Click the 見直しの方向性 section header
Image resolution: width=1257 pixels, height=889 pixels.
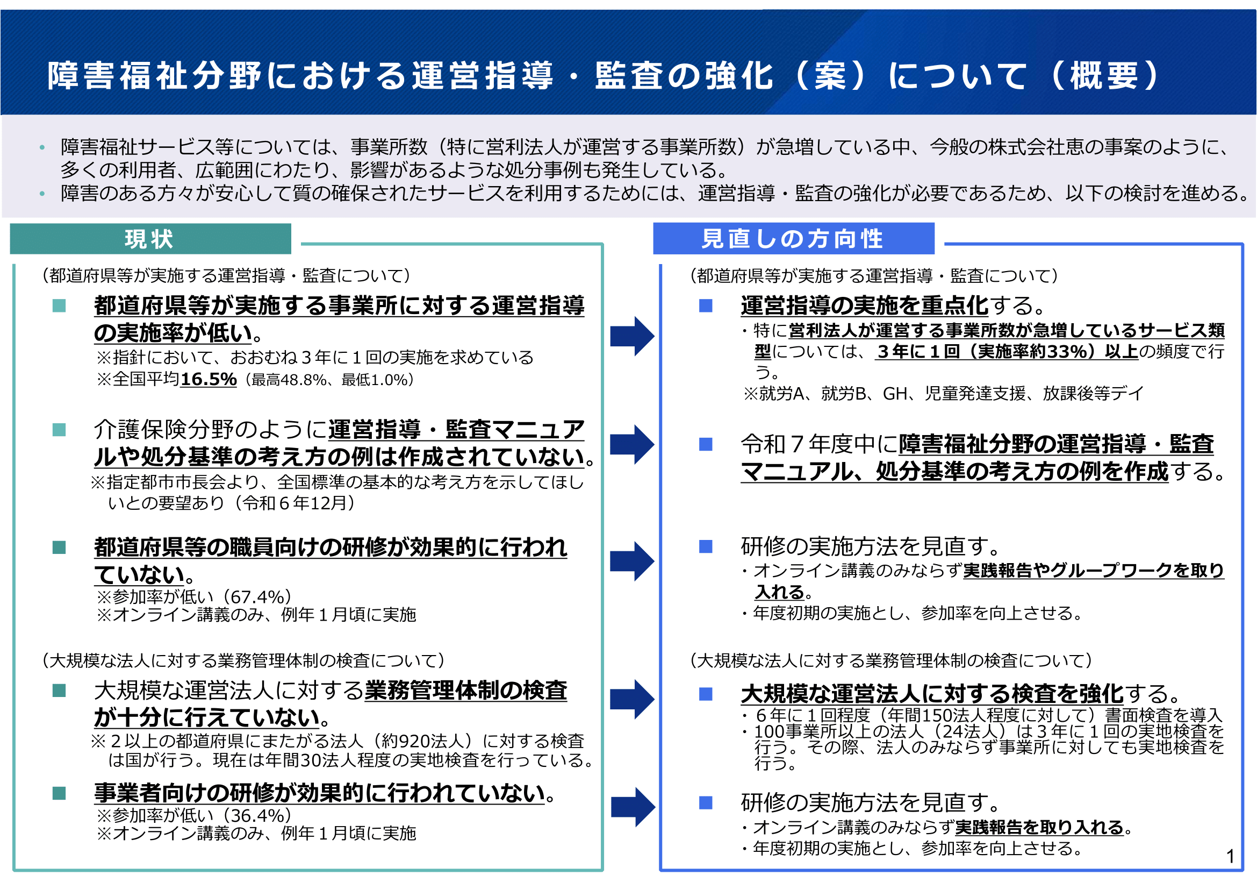793,239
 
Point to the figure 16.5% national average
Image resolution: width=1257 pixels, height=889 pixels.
209,379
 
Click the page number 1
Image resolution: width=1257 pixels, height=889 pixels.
1230,856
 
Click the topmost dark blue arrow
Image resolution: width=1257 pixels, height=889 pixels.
633,336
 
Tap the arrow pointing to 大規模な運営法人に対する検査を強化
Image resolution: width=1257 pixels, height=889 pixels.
633,699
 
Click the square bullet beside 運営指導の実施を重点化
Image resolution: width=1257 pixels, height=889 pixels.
706,305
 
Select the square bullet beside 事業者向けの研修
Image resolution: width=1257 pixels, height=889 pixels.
59,793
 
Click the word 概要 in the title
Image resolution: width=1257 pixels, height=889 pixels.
1104,76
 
